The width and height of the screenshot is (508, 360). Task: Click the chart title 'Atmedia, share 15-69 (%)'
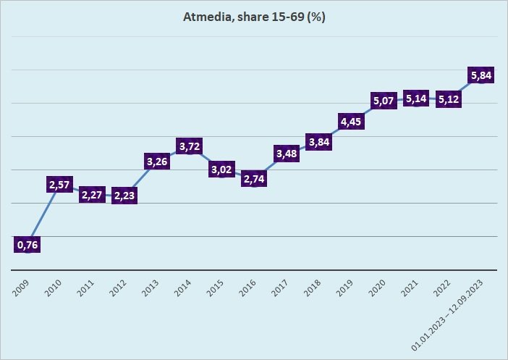pos(254,17)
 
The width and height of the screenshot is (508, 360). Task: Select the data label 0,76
pos(27,245)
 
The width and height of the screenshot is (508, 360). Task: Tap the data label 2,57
pos(60,185)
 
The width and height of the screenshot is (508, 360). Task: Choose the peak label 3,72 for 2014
pos(190,146)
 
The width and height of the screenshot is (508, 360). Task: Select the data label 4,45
pos(351,122)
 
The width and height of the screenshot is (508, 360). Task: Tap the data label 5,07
pos(384,101)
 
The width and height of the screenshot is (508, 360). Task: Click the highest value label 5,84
pos(481,75)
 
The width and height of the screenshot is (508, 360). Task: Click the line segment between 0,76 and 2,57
pos(43,215)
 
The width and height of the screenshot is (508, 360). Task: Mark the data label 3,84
pos(319,142)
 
